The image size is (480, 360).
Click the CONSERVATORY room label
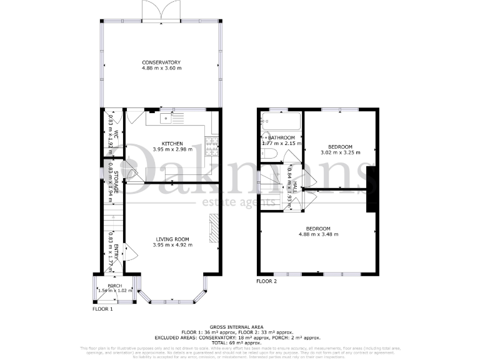161,62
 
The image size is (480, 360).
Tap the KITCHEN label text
172,143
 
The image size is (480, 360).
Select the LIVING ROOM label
172,239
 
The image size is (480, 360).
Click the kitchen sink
166,116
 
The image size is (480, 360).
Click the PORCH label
114,285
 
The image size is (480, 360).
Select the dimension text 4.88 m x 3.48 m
318,234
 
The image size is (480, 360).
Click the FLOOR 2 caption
267,281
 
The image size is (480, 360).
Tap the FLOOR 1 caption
102,309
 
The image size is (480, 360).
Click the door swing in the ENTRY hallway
131,251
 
